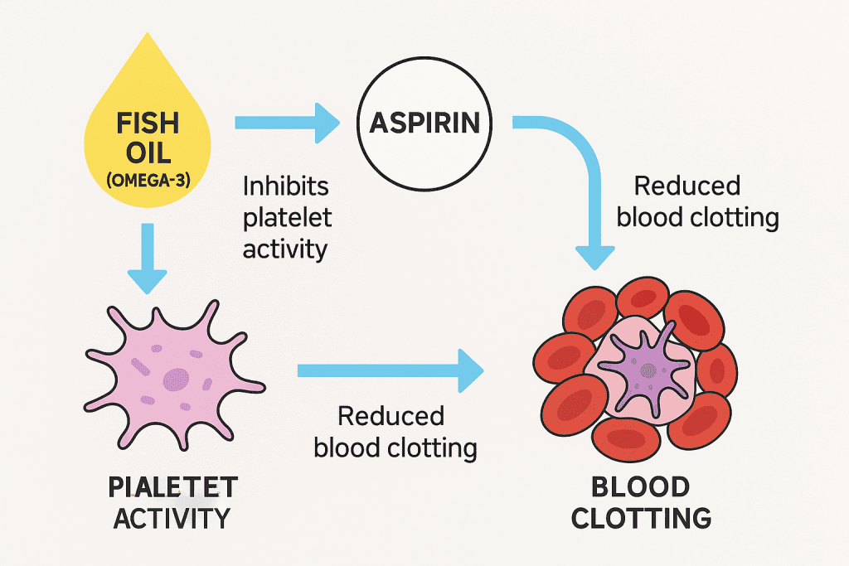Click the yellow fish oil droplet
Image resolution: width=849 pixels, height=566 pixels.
tap(148, 135)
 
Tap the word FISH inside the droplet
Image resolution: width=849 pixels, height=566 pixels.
tap(148, 123)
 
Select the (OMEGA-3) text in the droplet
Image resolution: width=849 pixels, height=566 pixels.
tap(148, 180)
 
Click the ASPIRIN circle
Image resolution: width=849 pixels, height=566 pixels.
tap(424, 123)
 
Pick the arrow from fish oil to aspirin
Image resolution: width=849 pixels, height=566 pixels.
tap(288, 123)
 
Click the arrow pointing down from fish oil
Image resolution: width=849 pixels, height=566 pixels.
tap(148, 259)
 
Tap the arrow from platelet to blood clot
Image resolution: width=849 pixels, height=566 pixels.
tap(391, 370)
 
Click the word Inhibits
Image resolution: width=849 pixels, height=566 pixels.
tap(285, 186)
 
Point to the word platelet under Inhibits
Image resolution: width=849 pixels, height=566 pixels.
tap(287, 218)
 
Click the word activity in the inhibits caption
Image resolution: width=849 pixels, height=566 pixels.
tap(285, 249)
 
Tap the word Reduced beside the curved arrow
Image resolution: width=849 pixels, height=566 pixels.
tap(687, 186)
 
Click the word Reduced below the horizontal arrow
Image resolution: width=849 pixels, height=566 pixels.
tap(391, 416)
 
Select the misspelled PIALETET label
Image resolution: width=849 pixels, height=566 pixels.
tap(172, 487)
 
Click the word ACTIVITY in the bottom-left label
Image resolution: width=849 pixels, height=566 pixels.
tap(172, 519)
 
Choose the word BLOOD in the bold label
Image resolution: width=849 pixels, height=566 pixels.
tap(641, 487)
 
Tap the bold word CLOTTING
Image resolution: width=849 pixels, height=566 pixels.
tap(641, 519)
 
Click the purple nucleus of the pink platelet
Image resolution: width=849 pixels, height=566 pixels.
tap(176, 380)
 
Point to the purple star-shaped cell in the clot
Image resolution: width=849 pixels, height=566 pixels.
tap(644, 370)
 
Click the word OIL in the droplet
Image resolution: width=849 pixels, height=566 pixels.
tap(148, 153)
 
